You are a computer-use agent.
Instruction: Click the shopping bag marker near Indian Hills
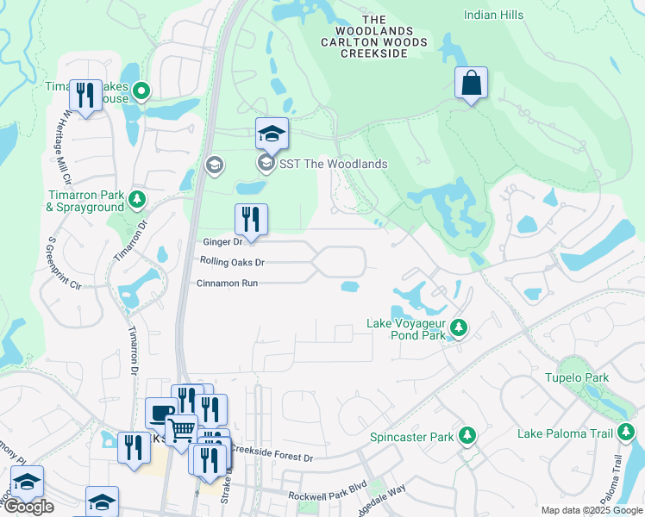[x=472, y=84]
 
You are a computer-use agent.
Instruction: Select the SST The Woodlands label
[x=332, y=164]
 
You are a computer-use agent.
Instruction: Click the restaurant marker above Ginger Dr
[x=251, y=221]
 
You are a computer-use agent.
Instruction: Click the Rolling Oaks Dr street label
[x=231, y=262]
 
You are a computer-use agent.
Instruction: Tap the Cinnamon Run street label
[x=227, y=283]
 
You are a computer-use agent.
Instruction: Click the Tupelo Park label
[x=576, y=377]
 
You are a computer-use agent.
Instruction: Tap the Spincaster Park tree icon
[x=467, y=435]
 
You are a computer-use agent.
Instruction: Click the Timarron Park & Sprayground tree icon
[x=136, y=200]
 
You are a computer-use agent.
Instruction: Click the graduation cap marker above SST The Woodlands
[x=271, y=134]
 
